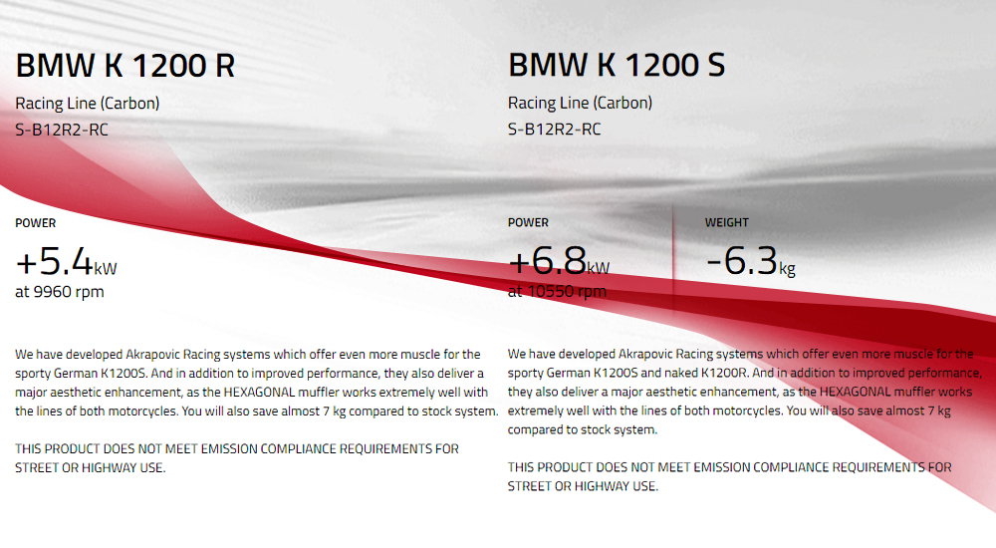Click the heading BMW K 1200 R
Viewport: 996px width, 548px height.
tap(125, 66)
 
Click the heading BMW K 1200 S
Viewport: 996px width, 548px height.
tap(617, 65)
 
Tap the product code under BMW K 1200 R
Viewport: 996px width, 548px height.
tap(62, 130)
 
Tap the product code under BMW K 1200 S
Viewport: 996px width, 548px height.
tap(554, 130)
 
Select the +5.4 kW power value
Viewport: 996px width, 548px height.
tap(66, 261)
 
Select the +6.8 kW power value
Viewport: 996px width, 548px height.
tap(559, 261)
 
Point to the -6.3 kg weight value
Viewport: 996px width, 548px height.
tap(750, 261)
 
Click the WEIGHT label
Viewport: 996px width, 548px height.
tap(727, 222)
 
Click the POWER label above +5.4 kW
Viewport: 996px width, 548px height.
tap(36, 223)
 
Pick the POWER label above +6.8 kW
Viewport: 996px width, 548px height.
tap(528, 222)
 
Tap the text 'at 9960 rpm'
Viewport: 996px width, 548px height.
tap(60, 292)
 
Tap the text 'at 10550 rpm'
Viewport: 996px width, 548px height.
tap(557, 291)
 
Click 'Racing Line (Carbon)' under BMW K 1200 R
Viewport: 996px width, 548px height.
tap(87, 103)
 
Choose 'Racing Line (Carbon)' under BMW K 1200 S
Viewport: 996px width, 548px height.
tap(580, 103)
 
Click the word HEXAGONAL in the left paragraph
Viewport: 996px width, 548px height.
tap(259, 393)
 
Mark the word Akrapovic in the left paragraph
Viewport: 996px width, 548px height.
tap(152, 354)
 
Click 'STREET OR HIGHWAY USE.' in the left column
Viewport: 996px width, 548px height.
tap(91, 468)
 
